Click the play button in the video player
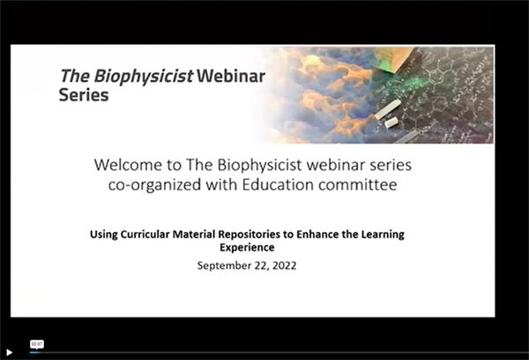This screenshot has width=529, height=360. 10,352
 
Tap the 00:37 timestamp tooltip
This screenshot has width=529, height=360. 37,344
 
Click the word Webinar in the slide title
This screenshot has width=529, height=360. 231,76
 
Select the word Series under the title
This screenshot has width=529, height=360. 84,95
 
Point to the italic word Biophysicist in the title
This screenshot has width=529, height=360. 144,76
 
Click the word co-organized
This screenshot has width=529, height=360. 154,185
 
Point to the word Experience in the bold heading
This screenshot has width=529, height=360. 247,248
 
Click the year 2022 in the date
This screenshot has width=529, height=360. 285,266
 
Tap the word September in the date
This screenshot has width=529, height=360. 224,266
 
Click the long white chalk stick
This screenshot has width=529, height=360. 388,109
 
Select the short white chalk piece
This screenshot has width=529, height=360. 391,123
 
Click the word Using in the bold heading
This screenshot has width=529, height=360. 103,235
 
